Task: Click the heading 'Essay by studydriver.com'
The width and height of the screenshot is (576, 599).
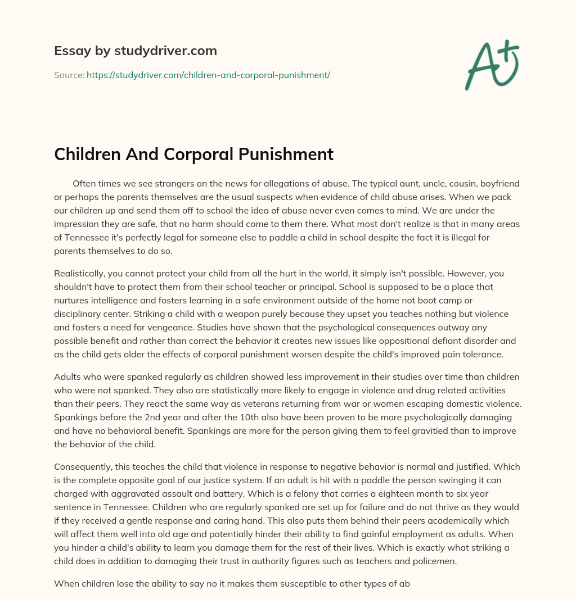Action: click(135, 51)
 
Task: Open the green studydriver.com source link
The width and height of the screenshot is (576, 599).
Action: click(208, 75)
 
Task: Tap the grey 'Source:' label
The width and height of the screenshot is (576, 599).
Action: click(69, 75)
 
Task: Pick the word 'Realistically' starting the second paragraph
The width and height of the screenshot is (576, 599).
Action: click(80, 274)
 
